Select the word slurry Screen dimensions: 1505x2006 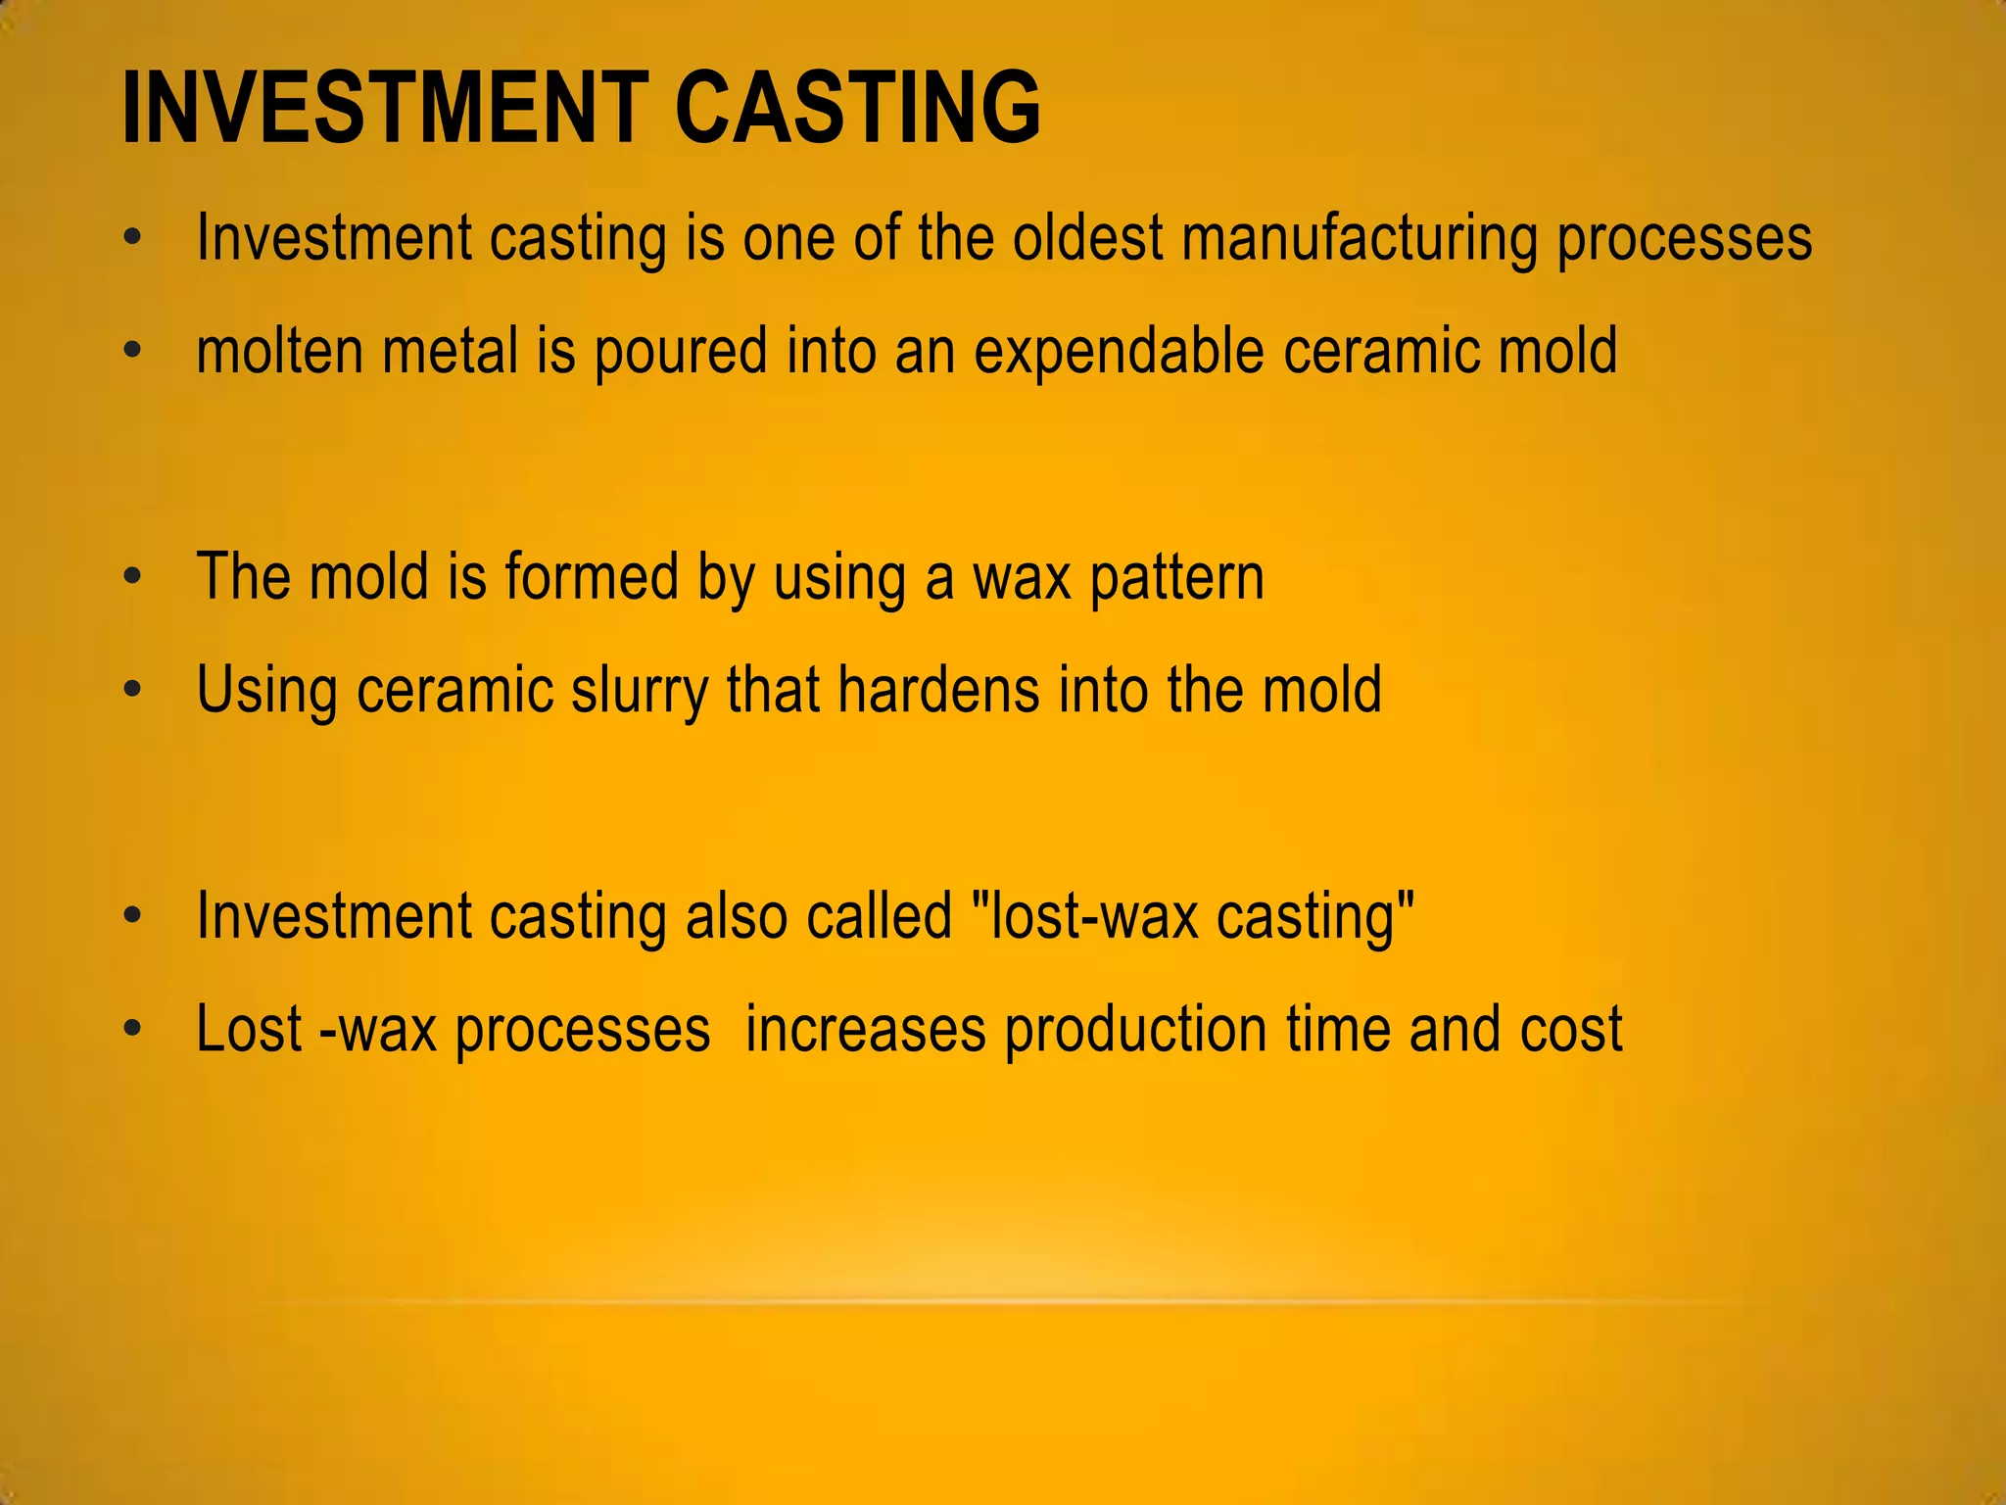click(x=639, y=691)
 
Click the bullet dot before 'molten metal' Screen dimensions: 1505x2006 click(x=133, y=350)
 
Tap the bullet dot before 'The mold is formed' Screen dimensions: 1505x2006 click(x=133, y=576)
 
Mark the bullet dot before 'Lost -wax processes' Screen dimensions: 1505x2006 click(x=133, y=1029)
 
